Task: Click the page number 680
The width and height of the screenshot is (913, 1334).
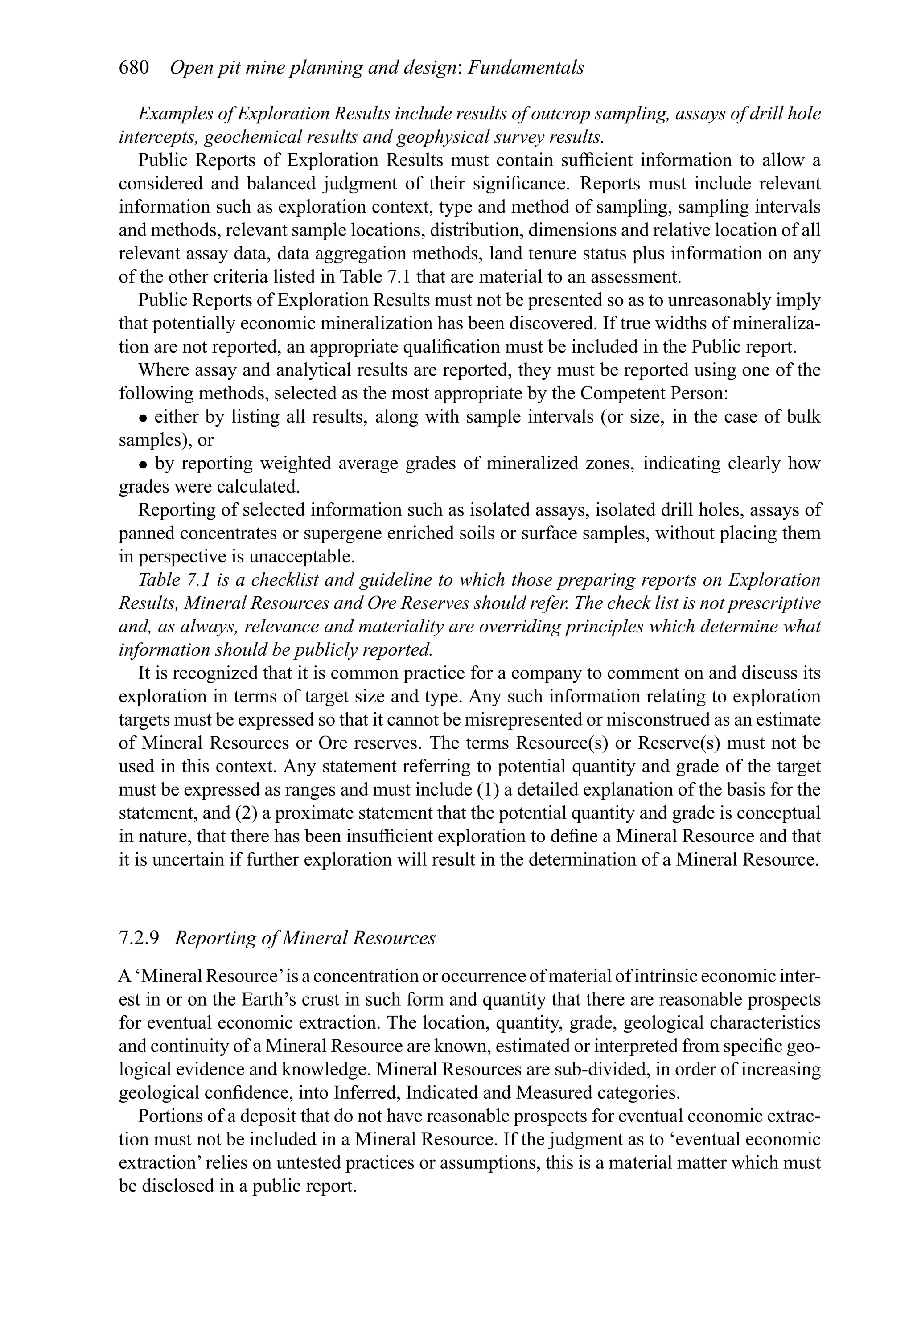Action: click(x=134, y=68)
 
